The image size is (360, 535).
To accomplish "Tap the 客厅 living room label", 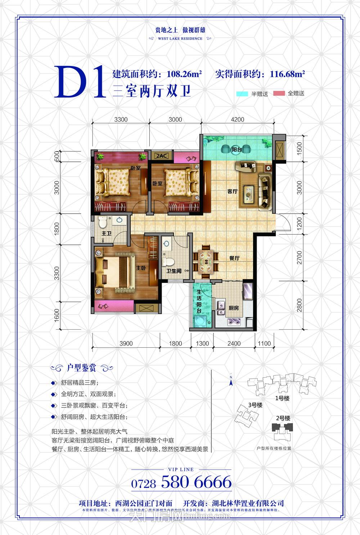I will point(232,192).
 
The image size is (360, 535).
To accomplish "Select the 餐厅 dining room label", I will point(234,258).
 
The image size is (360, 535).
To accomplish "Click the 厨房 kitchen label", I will point(234,308).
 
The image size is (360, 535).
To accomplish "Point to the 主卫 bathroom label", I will point(107,234).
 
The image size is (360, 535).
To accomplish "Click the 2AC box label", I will point(162,156).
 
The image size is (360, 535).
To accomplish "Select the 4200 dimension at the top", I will point(237,120).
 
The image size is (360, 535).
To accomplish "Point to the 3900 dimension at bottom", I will point(126,343).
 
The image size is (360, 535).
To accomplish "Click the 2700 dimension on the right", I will point(300,258).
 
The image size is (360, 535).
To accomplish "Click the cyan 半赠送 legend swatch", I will point(243,94).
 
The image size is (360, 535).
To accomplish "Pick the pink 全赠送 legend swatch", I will point(279,93).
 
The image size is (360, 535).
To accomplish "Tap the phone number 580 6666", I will point(196,482).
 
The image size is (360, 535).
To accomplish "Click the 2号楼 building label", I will point(283,418).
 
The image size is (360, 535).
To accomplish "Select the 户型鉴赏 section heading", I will point(82,368).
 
